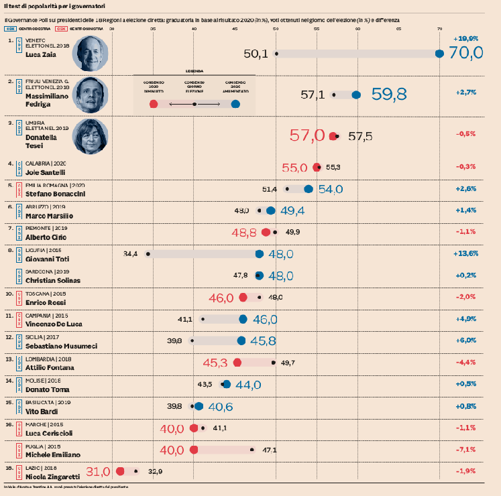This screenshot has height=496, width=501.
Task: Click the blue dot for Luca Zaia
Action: pos(440,54)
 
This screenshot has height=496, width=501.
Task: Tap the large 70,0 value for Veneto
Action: pos(466,54)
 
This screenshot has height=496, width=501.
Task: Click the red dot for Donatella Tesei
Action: pos(333,136)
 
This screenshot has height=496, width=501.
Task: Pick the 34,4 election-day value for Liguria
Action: pos(130,254)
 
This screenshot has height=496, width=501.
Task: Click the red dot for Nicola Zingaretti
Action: pos(121,471)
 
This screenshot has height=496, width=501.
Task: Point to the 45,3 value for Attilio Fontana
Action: pos(215,363)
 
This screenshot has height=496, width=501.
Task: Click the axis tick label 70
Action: pos(440,29)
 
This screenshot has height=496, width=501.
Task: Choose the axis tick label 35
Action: pos(154,29)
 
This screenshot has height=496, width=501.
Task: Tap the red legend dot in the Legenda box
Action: pos(154,104)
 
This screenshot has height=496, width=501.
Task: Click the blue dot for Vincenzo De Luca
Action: pos(243,319)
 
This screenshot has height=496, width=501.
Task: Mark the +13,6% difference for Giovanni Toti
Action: pos(465,254)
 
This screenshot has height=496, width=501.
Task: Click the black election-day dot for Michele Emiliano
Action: pos(252,450)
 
